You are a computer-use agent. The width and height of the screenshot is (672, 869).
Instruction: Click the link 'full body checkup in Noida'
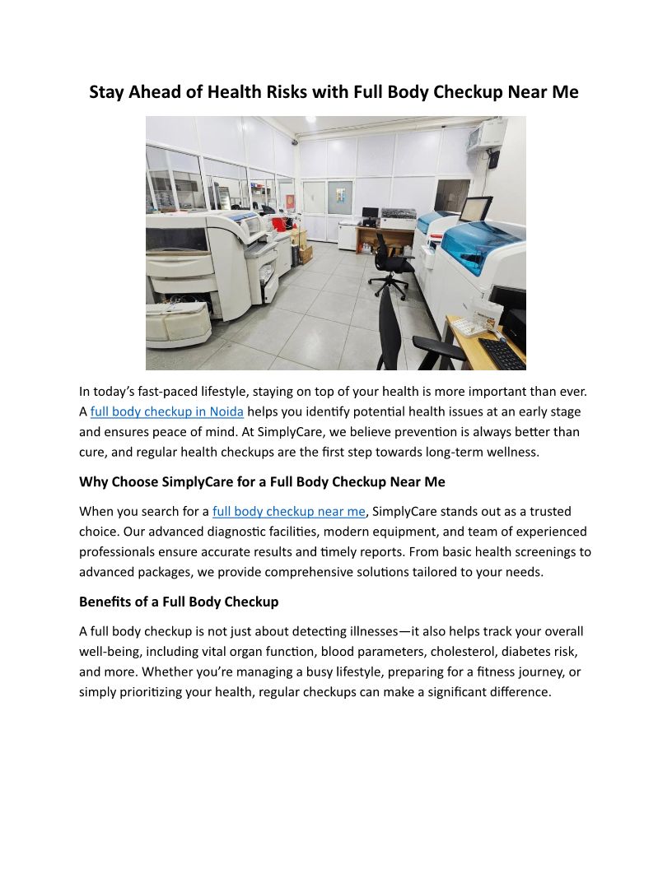pos(166,411)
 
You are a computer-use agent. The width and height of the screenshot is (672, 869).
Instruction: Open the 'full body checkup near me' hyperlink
pos(288,512)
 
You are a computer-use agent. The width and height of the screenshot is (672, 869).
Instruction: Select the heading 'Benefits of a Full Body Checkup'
pos(179,602)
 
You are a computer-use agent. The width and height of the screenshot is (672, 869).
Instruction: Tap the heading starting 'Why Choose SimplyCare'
pos(262,481)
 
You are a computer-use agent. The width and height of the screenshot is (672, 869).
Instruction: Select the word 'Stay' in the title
pos(107,92)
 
